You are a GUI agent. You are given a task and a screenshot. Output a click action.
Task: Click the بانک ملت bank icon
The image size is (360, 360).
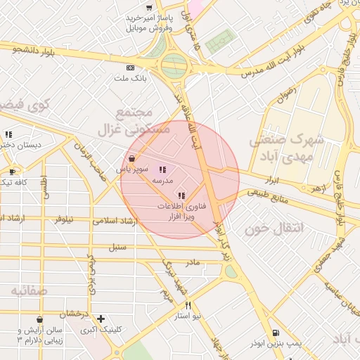coord(129,67)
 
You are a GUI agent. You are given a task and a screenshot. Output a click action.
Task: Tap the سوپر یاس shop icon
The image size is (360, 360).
coord(132,158)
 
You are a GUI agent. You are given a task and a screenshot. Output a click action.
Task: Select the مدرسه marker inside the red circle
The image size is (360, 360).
coord(162,169)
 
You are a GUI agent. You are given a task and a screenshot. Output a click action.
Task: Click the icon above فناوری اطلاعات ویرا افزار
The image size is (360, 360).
coord(181,195)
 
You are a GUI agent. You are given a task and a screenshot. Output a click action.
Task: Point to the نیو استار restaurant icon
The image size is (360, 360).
coord(188,305)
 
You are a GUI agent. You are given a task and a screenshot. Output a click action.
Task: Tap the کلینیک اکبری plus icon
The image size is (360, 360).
coord(101,319)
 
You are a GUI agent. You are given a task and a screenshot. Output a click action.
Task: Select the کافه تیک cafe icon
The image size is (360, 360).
coord(13,172)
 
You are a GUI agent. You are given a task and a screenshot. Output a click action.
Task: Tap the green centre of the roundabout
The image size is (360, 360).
coord(174,67)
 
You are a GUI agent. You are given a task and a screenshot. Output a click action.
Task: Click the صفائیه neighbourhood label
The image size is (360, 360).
coord(23,290)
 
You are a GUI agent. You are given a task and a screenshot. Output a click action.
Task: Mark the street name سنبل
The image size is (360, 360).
coord(117,247)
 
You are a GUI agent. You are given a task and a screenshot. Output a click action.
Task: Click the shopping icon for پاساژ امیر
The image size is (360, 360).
coord(148,7)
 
